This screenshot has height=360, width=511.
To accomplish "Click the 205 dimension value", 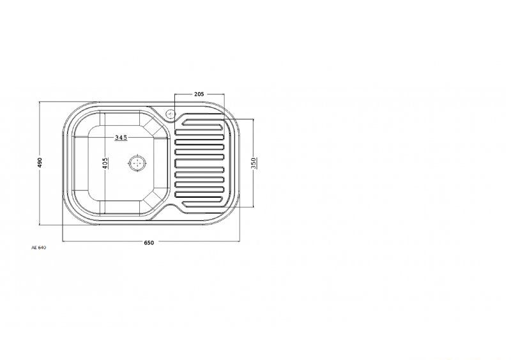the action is (x=199, y=94).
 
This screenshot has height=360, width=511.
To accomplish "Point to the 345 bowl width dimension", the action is (x=121, y=138).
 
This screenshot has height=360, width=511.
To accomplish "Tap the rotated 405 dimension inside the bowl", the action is (x=105, y=163).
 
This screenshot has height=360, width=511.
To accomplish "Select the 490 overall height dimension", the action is (x=40, y=163).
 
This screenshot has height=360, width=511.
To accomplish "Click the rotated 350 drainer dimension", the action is (x=254, y=163).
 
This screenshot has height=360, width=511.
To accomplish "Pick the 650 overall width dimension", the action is (x=149, y=243).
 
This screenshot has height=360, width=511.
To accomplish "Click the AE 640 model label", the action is (x=39, y=248).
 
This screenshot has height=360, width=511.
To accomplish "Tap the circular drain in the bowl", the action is (x=137, y=163).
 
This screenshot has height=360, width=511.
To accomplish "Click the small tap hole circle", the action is (x=171, y=114).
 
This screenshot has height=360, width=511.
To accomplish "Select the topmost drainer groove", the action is (x=203, y=123).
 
